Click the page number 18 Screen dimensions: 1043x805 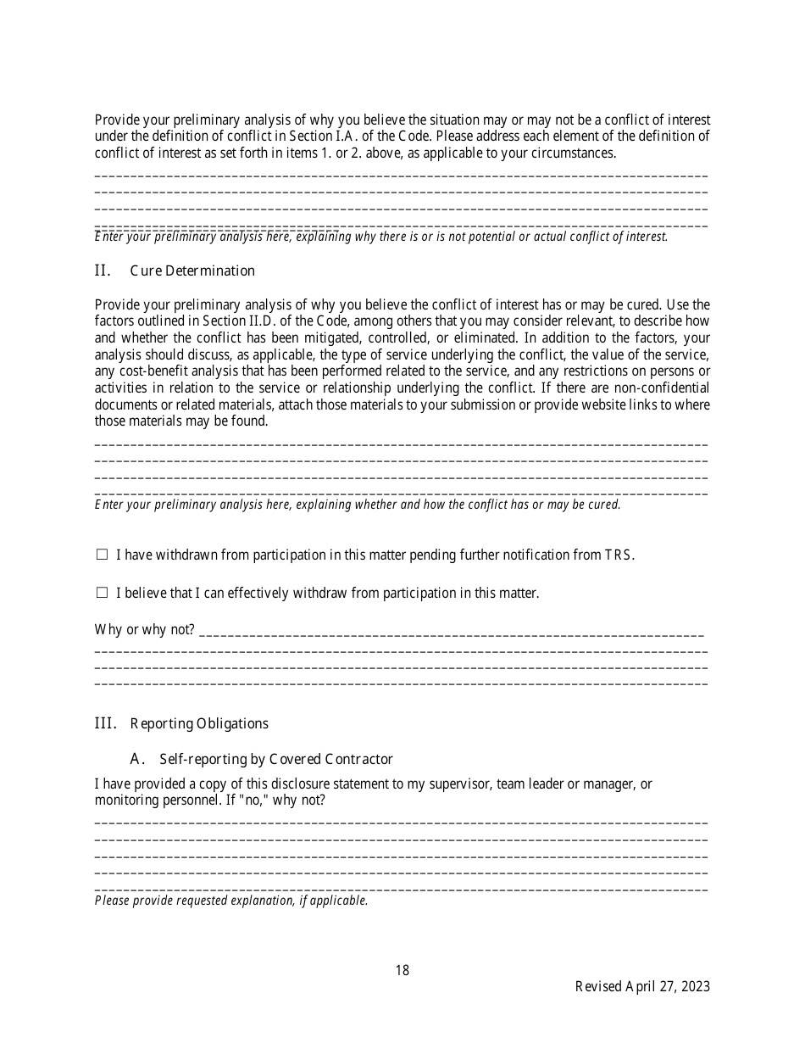(x=402, y=970)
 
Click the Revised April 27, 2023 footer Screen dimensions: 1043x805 (x=642, y=986)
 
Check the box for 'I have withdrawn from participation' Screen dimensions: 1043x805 (x=102, y=555)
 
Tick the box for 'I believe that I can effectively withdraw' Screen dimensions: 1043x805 (x=102, y=593)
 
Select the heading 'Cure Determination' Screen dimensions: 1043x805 (x=192, y=271)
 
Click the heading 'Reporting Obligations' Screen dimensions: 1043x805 (x=199, y=723)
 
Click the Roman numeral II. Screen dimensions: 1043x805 (x=103, y=271)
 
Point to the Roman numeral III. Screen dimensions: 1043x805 (x=105, y=723)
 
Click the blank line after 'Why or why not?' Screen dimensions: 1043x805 (x=452, y=632)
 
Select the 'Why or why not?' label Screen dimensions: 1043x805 (x=144, y=630)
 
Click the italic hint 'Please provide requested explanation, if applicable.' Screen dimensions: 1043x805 (x=231, y=901)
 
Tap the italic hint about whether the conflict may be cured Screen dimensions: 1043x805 (x=358, y=505)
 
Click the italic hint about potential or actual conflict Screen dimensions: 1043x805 (x=381, y=237)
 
